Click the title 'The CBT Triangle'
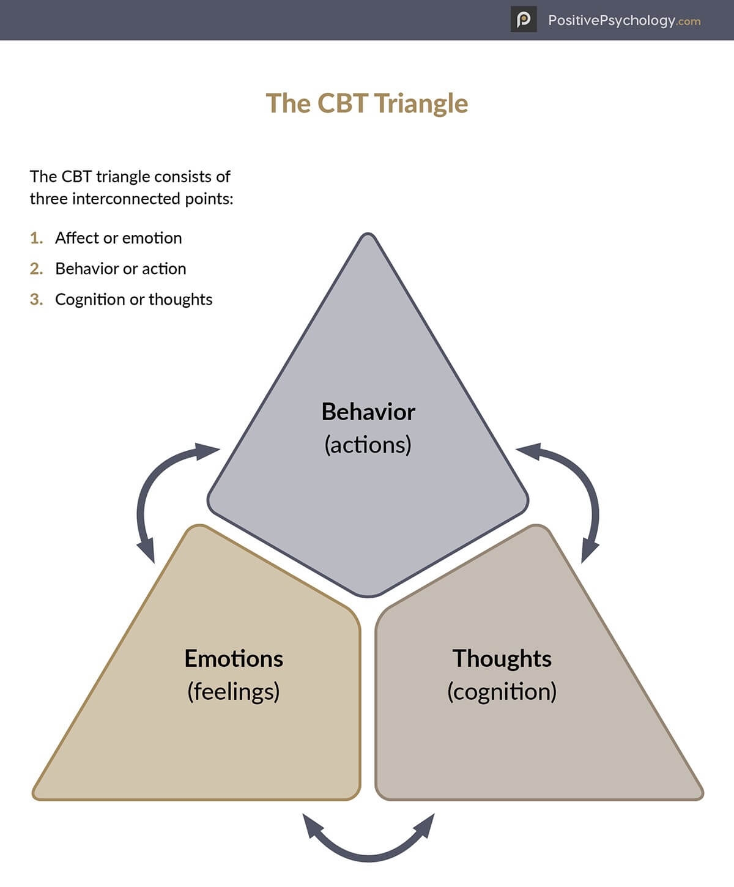366,103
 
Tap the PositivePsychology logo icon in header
524,20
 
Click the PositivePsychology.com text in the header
624,20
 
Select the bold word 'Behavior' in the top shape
368,412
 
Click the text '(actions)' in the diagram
368,445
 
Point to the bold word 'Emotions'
234,659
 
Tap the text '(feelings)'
233,692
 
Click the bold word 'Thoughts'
502,659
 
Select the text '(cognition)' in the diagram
502,692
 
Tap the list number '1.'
37,238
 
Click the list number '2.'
37,269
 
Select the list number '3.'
37,299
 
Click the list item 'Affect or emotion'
119,238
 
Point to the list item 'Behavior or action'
120,269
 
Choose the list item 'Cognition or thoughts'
134,299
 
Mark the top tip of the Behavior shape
368,235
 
